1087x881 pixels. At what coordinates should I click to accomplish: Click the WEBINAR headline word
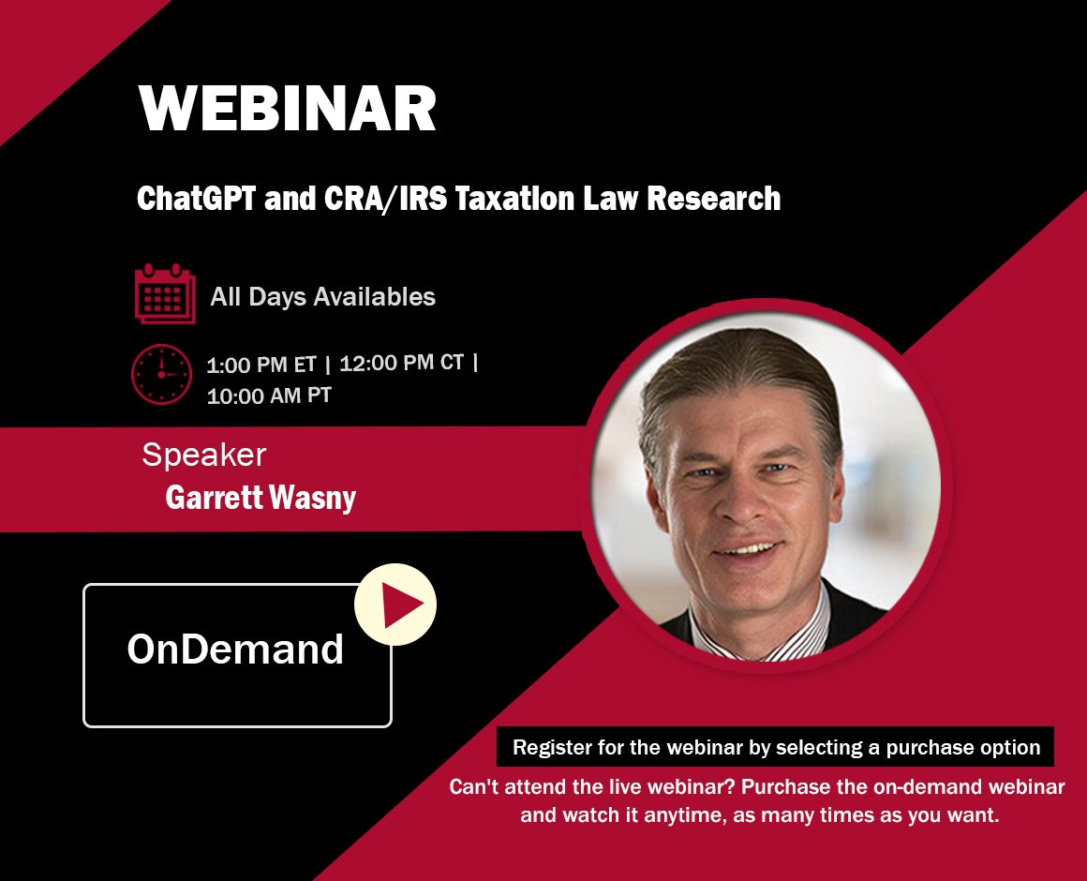(288, 110)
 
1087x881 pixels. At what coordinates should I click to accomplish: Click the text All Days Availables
(323, 297)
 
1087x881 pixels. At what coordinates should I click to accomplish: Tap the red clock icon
(161, 374)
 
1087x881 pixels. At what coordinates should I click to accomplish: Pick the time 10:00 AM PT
(269, 396)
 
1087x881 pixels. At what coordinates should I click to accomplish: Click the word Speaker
(203, 455)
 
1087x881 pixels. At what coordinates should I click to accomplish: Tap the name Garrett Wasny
(261, 499)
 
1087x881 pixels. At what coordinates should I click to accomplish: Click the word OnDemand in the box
(235, 649)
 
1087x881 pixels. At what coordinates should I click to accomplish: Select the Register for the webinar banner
(776, 748)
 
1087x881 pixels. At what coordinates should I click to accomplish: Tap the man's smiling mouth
(748, 550)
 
